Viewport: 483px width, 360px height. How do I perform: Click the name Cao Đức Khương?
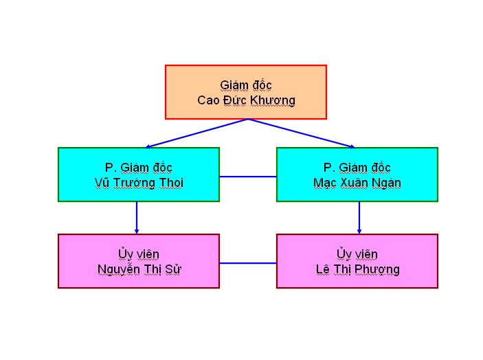(x=246, y=101)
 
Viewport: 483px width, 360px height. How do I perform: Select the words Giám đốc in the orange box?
(x=246, y=85)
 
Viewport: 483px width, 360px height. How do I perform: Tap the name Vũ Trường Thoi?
(x=139, y=183)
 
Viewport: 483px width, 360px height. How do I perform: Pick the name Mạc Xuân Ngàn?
(x=357, y=183)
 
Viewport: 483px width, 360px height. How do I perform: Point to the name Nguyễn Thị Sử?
(x=139, y=269)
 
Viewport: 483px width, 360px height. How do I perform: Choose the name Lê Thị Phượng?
(x=358, y=269)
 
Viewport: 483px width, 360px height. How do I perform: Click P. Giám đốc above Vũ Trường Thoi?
(x=139, y=168)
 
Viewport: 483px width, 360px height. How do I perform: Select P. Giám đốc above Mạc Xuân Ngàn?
(x=357, y=168)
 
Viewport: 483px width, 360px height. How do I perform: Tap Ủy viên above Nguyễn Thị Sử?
(x=139, y=254)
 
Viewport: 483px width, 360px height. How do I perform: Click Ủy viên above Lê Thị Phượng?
(x=357, y=254)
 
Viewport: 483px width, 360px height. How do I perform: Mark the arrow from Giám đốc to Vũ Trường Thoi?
(x=196, y=133)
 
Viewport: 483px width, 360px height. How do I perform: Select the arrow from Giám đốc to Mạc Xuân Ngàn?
(x=301, y=133)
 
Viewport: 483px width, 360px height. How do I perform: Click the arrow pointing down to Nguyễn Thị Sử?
(x=137, y=218)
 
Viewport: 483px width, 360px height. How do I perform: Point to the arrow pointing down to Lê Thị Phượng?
(x=359, y=218)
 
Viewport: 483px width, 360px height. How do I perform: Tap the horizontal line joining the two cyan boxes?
(x=248, y=177)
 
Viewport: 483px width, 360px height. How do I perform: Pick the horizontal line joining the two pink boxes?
(x=248, y=263)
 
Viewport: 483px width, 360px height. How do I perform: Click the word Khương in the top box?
(x=273, y=101)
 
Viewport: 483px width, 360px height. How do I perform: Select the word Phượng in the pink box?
(x=377, y=270)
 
